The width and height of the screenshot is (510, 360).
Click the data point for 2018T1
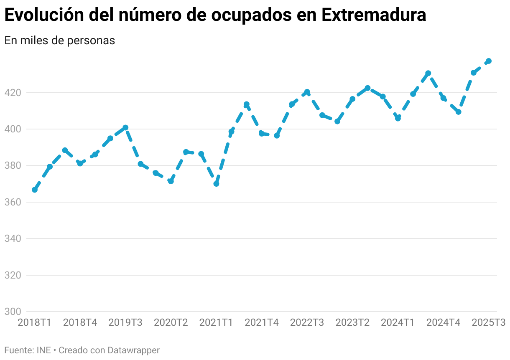pyautogui.click(x=35, y=190)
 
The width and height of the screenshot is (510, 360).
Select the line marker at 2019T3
pyautogui.click(x=125, y=128)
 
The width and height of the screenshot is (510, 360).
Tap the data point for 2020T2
pyautogui.click(x=171, y=181)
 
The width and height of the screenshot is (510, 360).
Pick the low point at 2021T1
pyautogui.click(x=216, y=184)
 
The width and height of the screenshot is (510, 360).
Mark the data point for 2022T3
pyautogui.click(x=307, y=92)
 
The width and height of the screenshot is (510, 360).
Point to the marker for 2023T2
pyautogui.click(x=367, y=88)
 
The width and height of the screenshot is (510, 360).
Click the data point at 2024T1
pyautogui.click(x=398, y=118)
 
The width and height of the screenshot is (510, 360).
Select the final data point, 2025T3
pyautogui.click(x=489, y=61)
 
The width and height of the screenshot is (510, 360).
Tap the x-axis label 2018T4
pyautogui.click(x=80, y=322)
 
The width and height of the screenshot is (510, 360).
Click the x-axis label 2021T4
pyautogui.click(x=262, y=322)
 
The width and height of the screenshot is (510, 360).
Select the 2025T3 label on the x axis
pyautogui.click(x=489, y=322)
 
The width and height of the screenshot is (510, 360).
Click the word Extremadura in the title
pyautogui.click(x=374, y=15)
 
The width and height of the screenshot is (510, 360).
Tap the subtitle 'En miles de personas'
pyautogui.click(x=59, y=41)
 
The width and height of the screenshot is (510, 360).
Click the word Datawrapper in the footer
pyautogui.click(x=134, y=350)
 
